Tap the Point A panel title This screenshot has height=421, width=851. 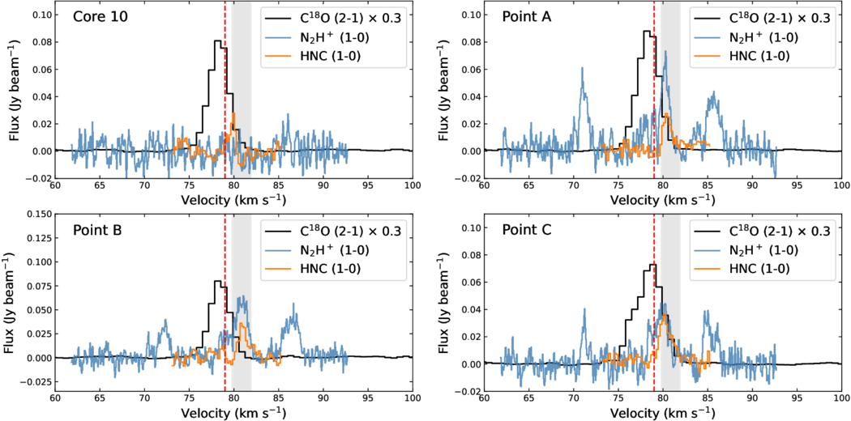tap(527, 16)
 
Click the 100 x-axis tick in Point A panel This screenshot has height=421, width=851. tap(840, 185)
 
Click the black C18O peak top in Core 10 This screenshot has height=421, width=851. tap(217, 41)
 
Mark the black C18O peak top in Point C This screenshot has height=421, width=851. tap(652, 265)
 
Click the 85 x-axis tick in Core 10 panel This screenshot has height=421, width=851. tap(279, 185)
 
